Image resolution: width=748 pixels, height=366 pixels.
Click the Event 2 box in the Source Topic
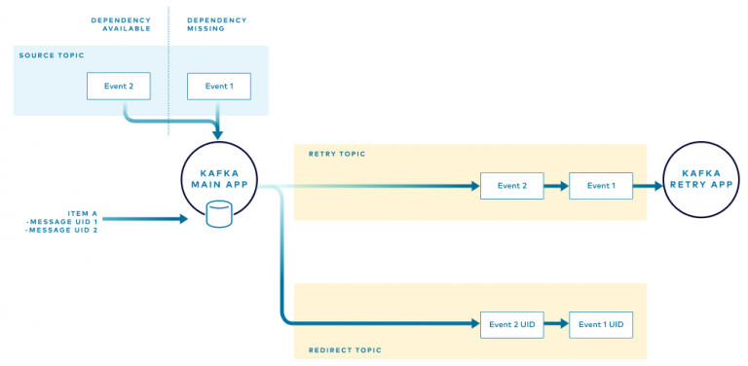click(x=120, y=86)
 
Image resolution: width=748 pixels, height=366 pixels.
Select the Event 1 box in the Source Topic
click(x=218, y=86)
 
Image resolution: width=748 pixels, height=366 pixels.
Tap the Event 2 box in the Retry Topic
click(x=511, y=185)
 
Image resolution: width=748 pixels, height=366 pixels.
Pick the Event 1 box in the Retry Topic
click(x=600, y=185)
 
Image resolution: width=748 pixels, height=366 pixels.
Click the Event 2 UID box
click(x=511, y=324)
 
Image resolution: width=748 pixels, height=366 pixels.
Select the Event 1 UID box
click(x=600, y=324)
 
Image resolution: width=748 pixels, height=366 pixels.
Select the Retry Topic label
click(x=336, y=154)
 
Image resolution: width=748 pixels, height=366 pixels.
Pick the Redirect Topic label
click(x=345, y=349)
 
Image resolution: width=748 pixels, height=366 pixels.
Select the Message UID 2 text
click(x=62, y=230)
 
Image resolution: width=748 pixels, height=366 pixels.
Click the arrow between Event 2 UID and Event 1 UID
click(x=556, y=324)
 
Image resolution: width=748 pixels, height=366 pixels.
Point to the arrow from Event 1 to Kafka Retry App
click(x=647, y=185)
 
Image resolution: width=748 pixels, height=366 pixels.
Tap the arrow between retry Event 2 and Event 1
click(x=556, y=185)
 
